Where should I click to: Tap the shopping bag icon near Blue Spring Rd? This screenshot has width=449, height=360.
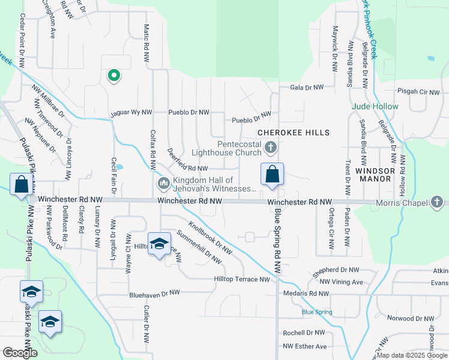tap(272, 174)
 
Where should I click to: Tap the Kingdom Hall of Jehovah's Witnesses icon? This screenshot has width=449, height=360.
tap(162, 183)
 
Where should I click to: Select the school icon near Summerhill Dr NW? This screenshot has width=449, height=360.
tap(159, 243)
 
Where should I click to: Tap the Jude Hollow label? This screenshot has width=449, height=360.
tap(375, 106)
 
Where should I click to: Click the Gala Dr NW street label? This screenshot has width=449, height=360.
tap(307, 87)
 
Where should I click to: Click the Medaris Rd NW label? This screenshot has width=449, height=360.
tap(307, 293)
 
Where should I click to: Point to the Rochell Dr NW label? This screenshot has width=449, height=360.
tap(304, 332)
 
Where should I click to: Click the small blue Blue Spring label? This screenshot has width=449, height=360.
tap(316, 312)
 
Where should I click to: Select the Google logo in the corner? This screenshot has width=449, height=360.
tap(20, 353)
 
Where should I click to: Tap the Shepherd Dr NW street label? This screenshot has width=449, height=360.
tap(336, 271)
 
